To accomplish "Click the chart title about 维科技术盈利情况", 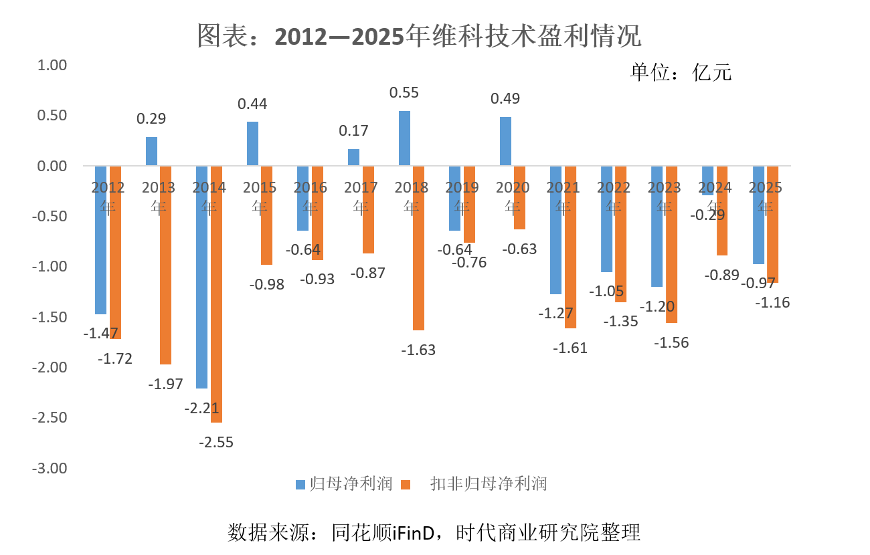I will click(419, 36).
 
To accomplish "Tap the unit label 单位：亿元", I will click(681, 72).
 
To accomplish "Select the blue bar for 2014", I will click(201, 277).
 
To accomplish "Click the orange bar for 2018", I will click(418, 248).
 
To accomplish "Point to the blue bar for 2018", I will click(404, 138).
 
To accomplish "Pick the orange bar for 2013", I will click(165, 265).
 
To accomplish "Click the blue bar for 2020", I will click(505, 142).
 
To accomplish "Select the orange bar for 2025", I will click(772, 225).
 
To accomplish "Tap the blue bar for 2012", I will click(100, 240).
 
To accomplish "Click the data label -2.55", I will click(216, 442).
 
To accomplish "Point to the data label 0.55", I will click(404, 93).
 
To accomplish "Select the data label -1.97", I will click(165, 384).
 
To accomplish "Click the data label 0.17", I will click(353, 131).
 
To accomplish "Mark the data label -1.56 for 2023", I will click(671, 342).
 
